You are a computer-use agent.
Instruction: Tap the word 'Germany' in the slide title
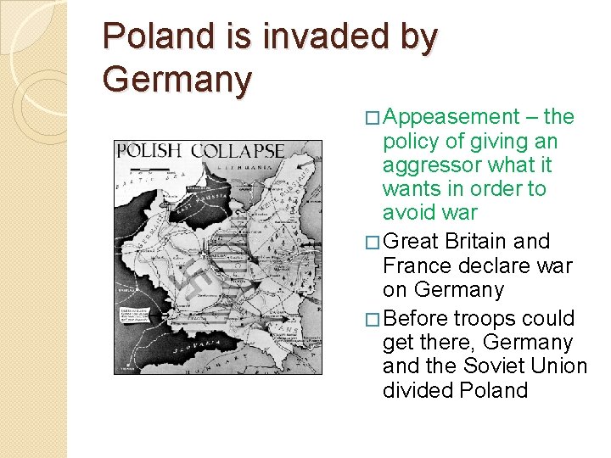[x=177, y=80]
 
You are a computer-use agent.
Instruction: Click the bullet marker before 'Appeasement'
[x=373, y=118]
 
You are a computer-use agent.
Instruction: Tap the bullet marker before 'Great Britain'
[x=373, y=243]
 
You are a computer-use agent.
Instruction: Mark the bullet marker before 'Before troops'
[x=373, y=320]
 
